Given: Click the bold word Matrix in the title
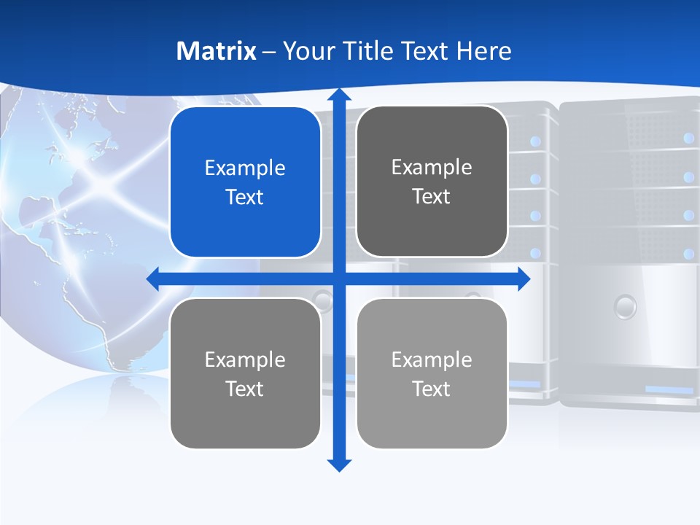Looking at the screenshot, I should pyautogui.click(x=216, y=51).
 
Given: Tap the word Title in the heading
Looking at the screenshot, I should pyautogui.click(x=372, y=51).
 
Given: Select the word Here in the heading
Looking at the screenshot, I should pyautogui.click(x=483, y=51).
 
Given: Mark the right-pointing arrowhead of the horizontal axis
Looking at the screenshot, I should pyautogui.click(x=524, y=279).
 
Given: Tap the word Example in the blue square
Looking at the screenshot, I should pyautogui.click(x=245, y=168).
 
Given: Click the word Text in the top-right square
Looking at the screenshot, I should pyautogui.click(x=432, y=197).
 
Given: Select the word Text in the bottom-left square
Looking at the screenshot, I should pyautogui.click(x=245, y=389).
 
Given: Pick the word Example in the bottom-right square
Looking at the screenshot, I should pyautogui.click(x=432, y=359).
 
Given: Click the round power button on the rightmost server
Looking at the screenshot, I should pyautogui.click(x=625, y=306).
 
